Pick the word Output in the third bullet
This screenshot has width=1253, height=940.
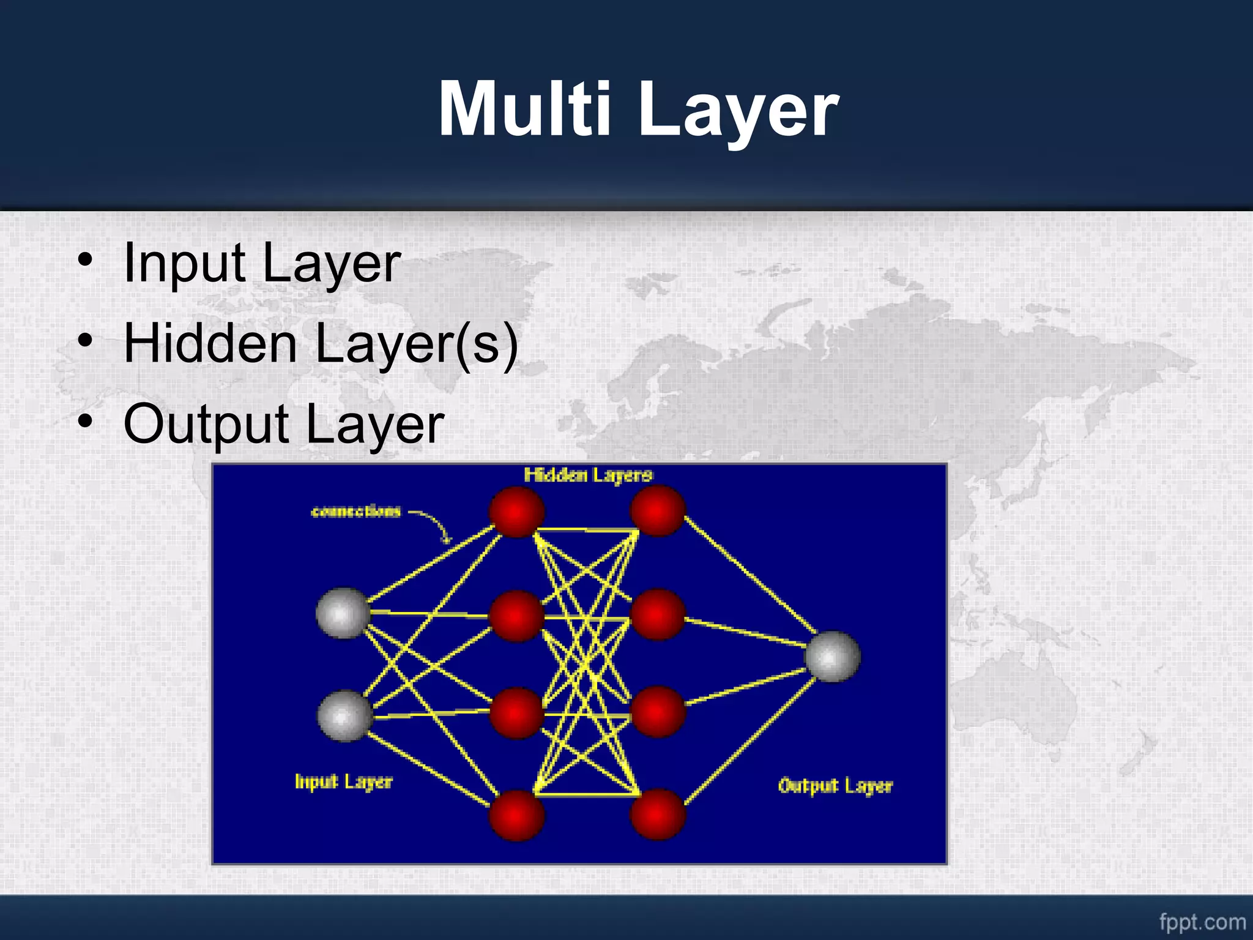[206, 424]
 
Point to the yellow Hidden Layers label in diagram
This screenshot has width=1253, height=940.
[588, 475]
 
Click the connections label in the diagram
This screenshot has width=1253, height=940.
[355, 512]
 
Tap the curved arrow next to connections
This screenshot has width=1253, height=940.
[434, 525]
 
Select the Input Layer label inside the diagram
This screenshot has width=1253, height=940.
[343, 781]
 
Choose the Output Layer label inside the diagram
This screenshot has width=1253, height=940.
[835, 786]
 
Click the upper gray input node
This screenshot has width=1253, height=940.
[343, 613]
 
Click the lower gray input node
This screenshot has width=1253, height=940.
[345, 715]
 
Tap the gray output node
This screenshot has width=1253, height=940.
[832, 656]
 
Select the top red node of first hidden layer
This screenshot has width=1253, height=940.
[517, 512]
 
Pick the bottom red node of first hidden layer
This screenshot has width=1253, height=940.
[517, 815]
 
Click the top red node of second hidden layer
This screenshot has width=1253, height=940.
[658, 510]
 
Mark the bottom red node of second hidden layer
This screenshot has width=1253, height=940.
[658, 814]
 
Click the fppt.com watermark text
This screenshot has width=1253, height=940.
[1202, 922]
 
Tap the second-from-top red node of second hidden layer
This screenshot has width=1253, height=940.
[658, 614]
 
